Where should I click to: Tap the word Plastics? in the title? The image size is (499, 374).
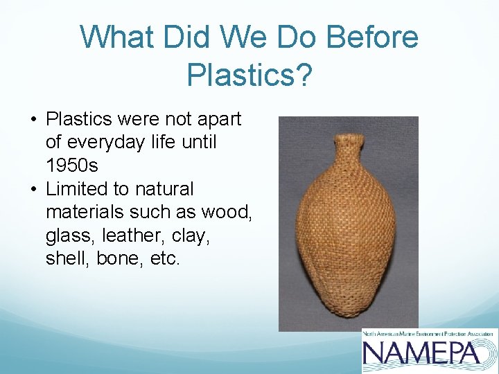tap(249, 74)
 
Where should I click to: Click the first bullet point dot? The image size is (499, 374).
tap(33, 120)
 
